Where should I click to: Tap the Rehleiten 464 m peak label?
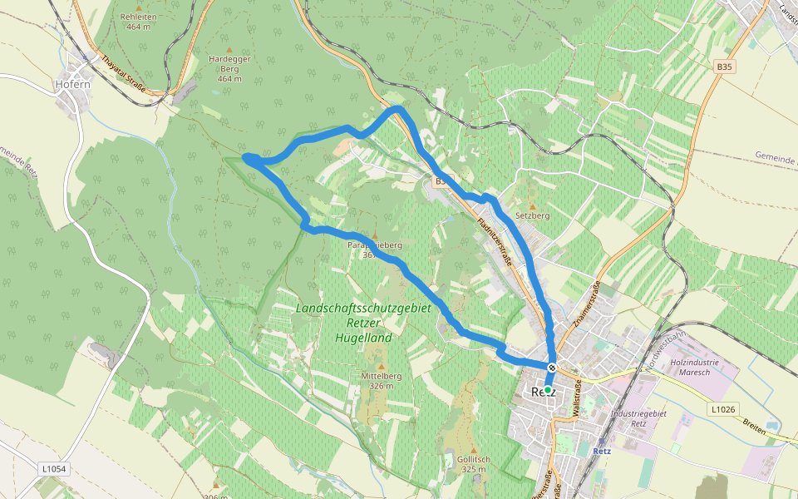[138, 22]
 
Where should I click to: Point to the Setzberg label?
[534, 215]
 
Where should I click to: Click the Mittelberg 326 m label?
[382, 381]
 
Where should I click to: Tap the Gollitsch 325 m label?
[471, 463]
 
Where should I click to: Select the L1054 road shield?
[54, 470]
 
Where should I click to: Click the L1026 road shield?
[724, 408]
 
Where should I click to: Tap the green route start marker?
[548, 389]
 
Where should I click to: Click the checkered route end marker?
[552, 368]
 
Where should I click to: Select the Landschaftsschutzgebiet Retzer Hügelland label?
[364, 323]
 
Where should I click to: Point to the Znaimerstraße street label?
[588, 304]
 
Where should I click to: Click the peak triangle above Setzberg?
[533, 205]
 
